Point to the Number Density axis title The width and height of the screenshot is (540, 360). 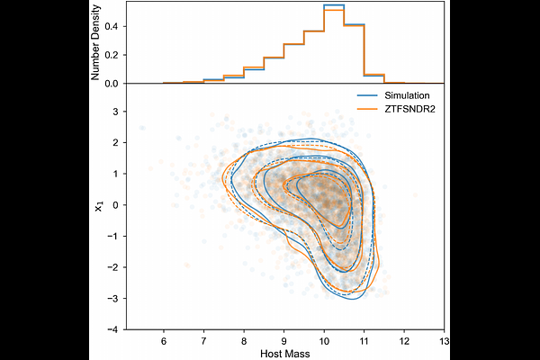97,42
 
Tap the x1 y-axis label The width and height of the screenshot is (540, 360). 97,207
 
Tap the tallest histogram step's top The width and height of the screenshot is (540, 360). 334,6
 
